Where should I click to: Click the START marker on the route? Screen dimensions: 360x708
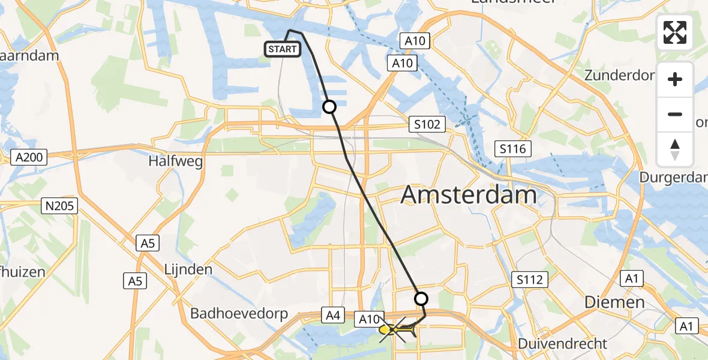point(283,49)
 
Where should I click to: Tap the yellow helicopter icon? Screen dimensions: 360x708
point(396,329)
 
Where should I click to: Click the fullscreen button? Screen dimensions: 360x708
point(675,32)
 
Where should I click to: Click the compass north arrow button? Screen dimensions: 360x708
point(675,149)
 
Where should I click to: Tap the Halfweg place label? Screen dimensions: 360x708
point(176,161)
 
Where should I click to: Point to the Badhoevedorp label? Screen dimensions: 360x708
point(239,313)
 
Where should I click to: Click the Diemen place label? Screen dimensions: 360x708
point(614,302)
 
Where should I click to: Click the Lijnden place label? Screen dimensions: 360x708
point(188,269)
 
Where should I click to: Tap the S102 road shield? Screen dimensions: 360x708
point(427,125)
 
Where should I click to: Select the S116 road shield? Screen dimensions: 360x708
point(512,148)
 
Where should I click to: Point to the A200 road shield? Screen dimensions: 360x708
point(29,158)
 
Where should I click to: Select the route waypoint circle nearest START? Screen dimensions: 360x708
point(329,107)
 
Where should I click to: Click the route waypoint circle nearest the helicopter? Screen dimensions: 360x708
point(421,298)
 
